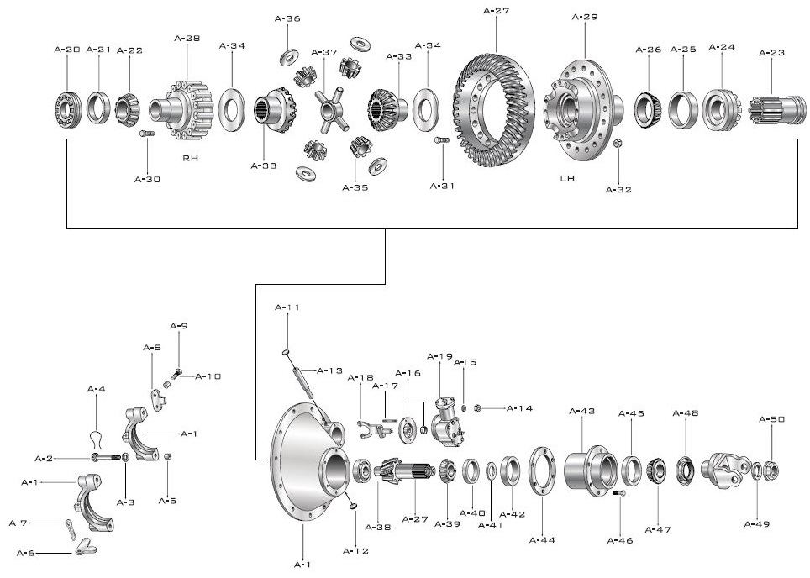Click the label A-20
(x=66, y=50)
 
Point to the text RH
(x=190, y=157)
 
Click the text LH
(x=568, y=179)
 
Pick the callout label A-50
(x=772, y=419)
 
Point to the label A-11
(x=287, y=307)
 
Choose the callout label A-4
(x=97, y=389)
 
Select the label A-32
(x=618, y=190)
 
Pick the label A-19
(x=439, y=356)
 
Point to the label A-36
(x=287, y=18)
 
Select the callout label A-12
(x=355, y=551)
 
